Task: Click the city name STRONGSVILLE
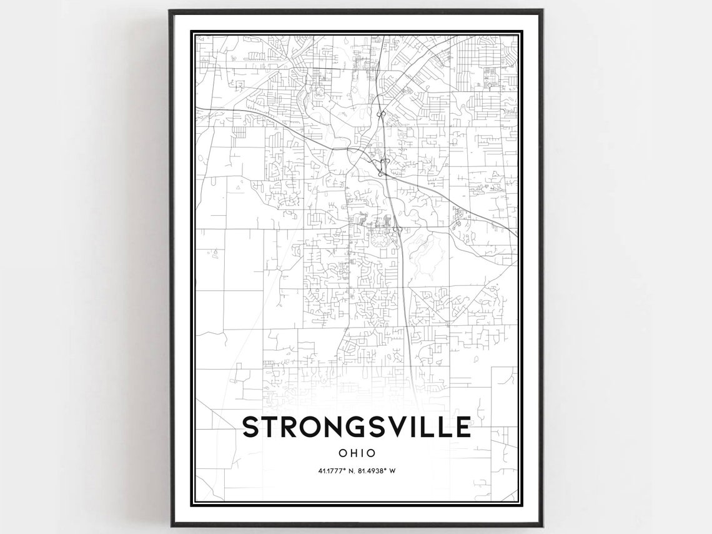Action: point(356,427)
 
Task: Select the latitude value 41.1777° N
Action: point(332,471)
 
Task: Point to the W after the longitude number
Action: point(393,471)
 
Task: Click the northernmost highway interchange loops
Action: point(380,114)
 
